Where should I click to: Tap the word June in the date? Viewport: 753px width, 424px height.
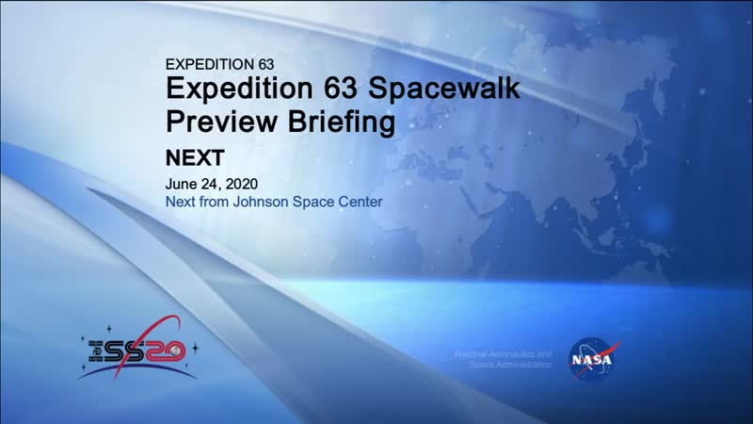point(181,184)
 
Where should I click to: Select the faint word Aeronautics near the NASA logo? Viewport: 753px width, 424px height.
point(508,351)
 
